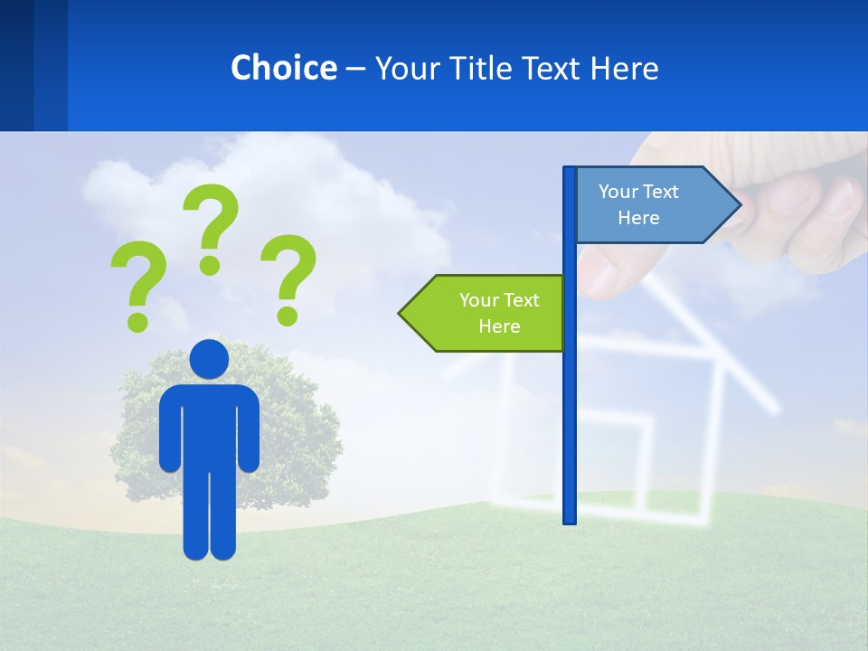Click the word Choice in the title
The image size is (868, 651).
[x=283, y=68]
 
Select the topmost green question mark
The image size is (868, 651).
[x=212, y=226]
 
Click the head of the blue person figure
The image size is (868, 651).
[x=209, y=359]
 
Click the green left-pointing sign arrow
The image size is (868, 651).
[x=488, y=313]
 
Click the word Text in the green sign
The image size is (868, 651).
[x=520, y=300]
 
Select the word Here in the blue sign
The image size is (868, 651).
[x=638, y=218]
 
